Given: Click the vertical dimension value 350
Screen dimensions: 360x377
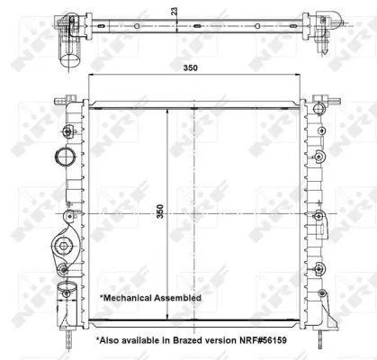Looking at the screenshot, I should (160, 212).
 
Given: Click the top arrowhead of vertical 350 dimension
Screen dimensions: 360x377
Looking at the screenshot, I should (168, 110).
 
